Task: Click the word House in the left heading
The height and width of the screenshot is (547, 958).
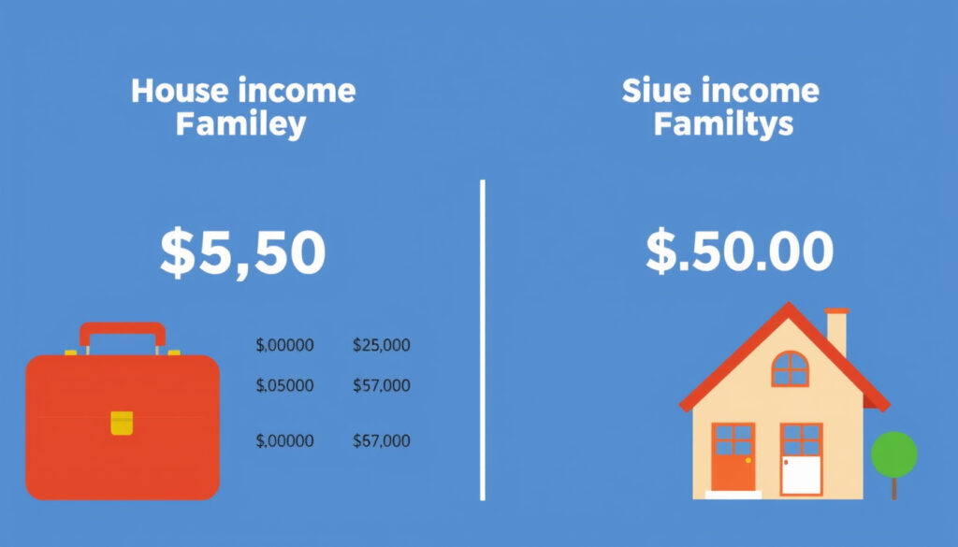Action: tap(180, 91)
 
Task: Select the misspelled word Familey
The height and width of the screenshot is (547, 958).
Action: tap(240, 125)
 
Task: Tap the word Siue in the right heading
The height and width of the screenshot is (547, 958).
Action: tap(657, 91)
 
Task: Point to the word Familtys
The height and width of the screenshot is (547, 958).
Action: tap(723, 124)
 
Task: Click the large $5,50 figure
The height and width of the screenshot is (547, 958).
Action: tap(242, 252)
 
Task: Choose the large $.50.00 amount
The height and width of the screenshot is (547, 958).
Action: tap(739, 251)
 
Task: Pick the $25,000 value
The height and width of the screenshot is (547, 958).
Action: tap(382, 346)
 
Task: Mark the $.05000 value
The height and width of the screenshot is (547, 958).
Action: tap(284, 386)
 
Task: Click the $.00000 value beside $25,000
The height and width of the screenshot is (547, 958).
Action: tap(284, 346)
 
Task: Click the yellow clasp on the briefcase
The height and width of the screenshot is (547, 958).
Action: tap(122, 423)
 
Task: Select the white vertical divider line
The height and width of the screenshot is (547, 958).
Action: tap(483, 340)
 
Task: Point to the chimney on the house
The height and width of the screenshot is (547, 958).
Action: tap(837, 333)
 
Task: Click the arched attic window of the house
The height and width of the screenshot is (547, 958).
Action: tap(790, 368)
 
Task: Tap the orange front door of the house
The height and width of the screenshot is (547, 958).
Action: tap(733, 457)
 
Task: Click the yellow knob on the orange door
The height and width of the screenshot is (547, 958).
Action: tap(748, 460)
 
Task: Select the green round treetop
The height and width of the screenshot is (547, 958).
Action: tap(893, 454)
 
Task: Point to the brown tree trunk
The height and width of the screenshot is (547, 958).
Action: tap(894, 488)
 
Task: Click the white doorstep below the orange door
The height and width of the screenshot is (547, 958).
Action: tap(733, 496)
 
